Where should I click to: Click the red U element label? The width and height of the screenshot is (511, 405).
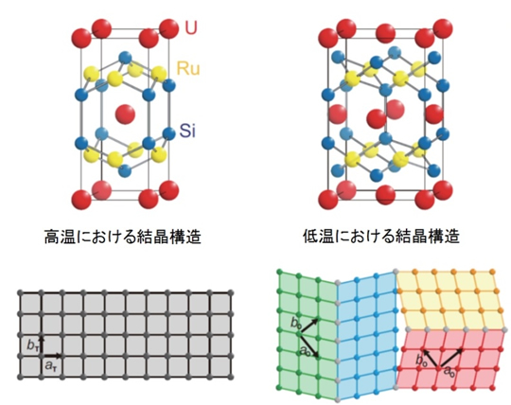(x=191, y=27)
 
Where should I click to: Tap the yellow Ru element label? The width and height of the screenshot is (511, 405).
(x=188, y=68)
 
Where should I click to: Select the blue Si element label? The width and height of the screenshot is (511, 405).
(x=187, y=131)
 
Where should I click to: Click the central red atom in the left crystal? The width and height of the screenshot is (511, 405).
(x=125, y=114)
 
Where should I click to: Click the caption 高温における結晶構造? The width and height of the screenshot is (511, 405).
(x=122, y=237)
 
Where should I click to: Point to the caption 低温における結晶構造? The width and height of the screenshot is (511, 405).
(x=381, y=237)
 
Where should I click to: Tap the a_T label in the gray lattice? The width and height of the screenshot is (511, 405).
(x=49, y=365)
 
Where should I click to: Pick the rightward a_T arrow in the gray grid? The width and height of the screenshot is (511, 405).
(x=52, y=356)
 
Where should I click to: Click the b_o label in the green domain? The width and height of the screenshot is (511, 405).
(x=295, y=324)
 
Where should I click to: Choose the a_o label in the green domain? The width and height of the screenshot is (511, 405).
(x=305, y=350)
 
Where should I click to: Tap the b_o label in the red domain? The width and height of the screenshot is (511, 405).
(x=421, y=360)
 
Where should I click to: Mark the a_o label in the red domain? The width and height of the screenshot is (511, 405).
(x=449, y=372)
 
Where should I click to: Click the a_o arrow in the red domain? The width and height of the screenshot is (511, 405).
(x=450, y=359)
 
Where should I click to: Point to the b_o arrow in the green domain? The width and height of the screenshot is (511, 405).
(x=309, y=326)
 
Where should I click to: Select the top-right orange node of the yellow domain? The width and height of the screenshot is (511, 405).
(x=493, y=272)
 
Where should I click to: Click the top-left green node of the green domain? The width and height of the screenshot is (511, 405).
(x=279, y=271)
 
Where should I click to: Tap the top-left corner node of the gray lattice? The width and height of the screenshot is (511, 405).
(x=21, y=292)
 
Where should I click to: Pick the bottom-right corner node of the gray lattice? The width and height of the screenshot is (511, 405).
(x=232, y=377)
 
